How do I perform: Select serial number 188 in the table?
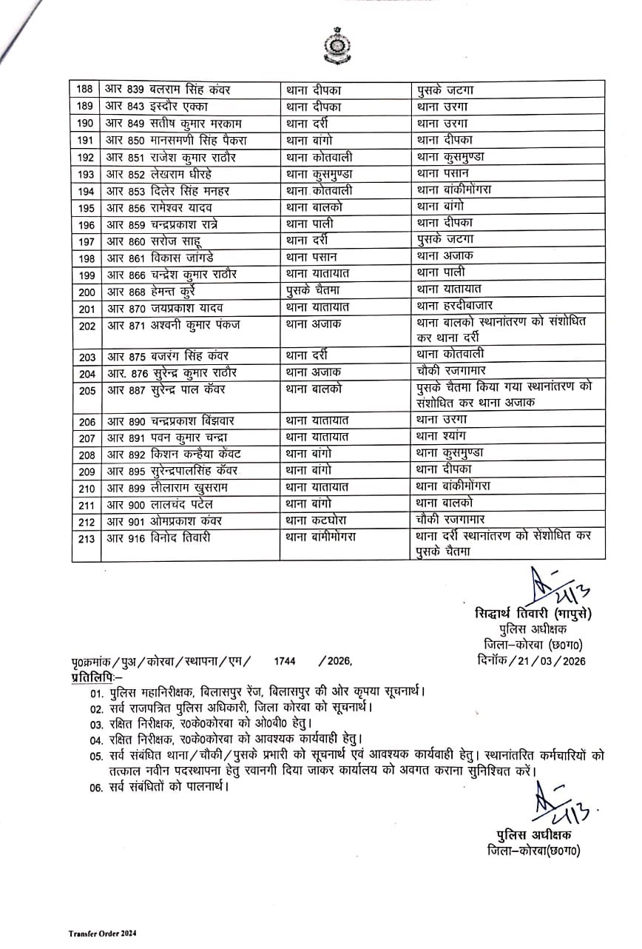click(x=86, y=90)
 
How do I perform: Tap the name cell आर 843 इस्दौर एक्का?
click(x=152, y=107)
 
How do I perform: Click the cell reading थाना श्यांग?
click(x=442, y=437)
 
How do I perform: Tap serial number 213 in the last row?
click(x=86, y=538)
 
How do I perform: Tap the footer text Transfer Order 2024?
click(x=103, y=934)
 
